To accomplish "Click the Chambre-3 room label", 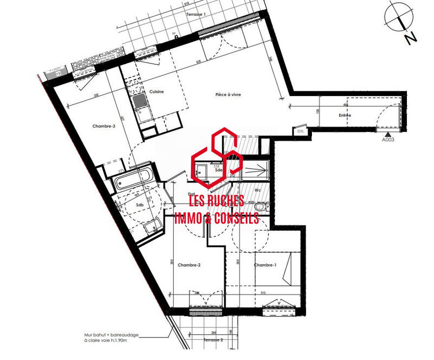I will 104,126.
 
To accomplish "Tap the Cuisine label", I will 157,92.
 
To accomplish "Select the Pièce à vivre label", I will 227,94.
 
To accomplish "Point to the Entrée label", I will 344,115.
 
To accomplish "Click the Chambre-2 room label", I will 192,265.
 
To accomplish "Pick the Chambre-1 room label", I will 265,265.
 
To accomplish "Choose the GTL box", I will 300,131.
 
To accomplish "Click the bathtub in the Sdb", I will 135,178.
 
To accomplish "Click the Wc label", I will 258,190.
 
